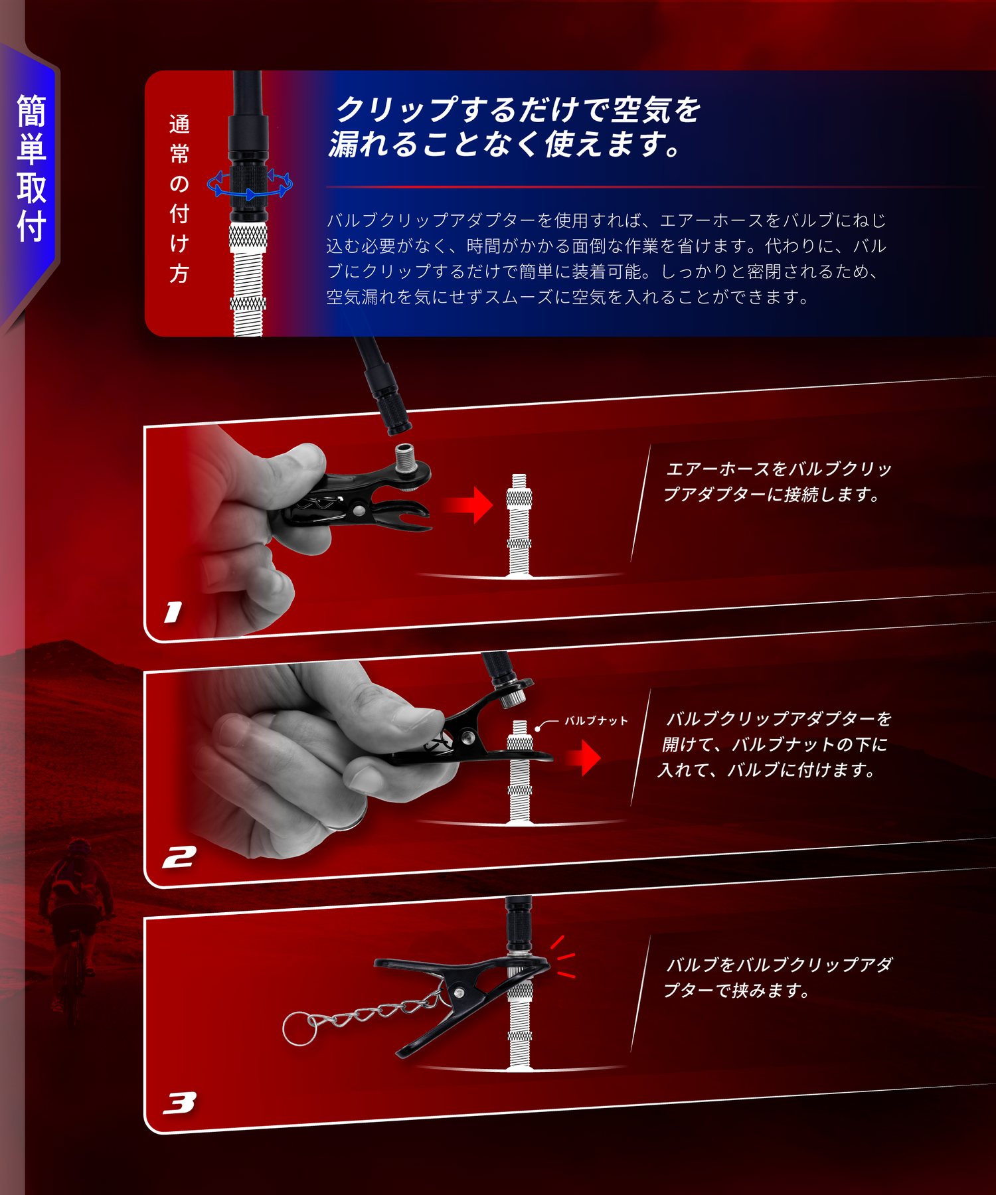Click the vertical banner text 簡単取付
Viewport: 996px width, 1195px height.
tap(31, 169)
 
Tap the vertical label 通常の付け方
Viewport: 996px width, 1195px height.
tap(179, 199)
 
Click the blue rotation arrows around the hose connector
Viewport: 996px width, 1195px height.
tap(250, 184)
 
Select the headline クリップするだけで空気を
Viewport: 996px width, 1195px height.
tap(519, 110)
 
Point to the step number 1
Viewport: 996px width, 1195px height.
tap(173, 612)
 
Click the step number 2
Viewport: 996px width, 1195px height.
tap(179, 857)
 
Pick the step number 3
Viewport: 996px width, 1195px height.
tap(179, 1103)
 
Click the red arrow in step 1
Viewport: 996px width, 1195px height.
tap(467, 505)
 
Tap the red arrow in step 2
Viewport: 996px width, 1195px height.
tap(583, 757)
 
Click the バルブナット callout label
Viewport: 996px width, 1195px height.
tap(596, 720)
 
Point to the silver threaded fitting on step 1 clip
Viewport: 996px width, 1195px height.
tap(406, 459)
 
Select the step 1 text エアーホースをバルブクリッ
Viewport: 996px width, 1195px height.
tap(778, 469)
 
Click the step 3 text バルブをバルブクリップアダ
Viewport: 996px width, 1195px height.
tap(779, 965)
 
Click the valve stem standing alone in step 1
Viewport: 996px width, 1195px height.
tap(519, 525)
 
